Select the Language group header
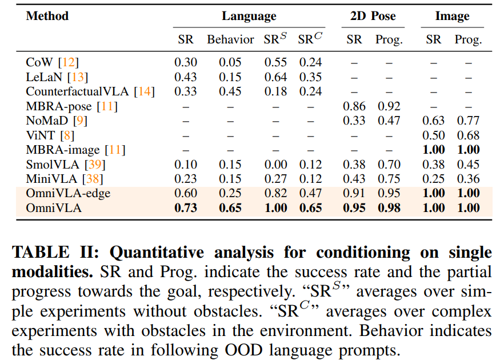tap(249, 17)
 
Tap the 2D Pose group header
tap(373, 17)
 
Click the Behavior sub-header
tap(230, 39)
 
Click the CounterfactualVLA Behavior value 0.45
tap(230, 91)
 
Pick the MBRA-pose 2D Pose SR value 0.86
tap(354, 106)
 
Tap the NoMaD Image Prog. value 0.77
tap(468, 121)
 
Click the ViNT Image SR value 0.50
tap(434, 135)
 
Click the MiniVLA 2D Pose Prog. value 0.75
tap(389, 179)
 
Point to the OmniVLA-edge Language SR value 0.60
tap(186, 194)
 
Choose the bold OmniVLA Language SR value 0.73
tap(186, 208)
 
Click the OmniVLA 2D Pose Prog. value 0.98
tap(389, 208)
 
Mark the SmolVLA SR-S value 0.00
tap(275, 165)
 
